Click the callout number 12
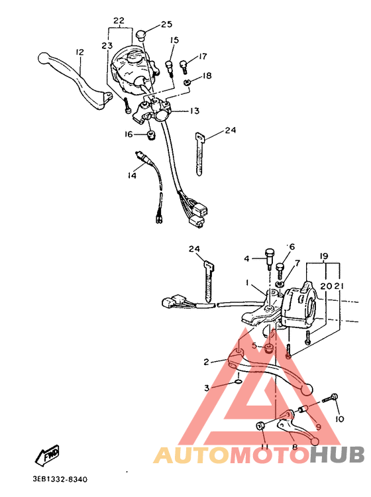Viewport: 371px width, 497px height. point(79,52)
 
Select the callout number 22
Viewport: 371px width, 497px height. point(119,21)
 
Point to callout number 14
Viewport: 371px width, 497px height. point(132,176)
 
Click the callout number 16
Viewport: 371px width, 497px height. point(130,135)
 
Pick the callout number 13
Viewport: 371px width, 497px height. point(195,111)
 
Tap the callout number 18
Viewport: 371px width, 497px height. point(207,76)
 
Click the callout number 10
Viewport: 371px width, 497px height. point(340,419)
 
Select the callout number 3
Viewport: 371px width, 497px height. point(206,387)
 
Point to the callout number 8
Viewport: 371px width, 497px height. point(295,447)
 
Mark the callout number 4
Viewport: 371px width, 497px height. point(246,258)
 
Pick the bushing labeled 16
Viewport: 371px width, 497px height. point(150,136)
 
